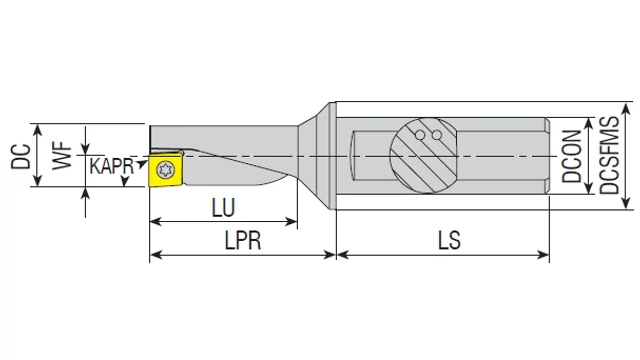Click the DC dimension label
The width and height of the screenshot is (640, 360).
pos(21,156)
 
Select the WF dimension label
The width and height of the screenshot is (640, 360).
pos(62,156)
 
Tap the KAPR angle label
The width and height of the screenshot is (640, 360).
pos(111,166)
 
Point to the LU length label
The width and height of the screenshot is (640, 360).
pos(223,207)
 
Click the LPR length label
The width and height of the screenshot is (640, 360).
pos(242,240)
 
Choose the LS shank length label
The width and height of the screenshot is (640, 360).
pos(449,240)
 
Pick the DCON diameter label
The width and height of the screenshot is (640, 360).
pos(571,156)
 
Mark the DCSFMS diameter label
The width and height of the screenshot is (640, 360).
pos(609,155)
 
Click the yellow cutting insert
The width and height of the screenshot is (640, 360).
pos(166,169)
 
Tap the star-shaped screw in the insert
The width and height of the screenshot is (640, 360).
pos(165,169)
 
